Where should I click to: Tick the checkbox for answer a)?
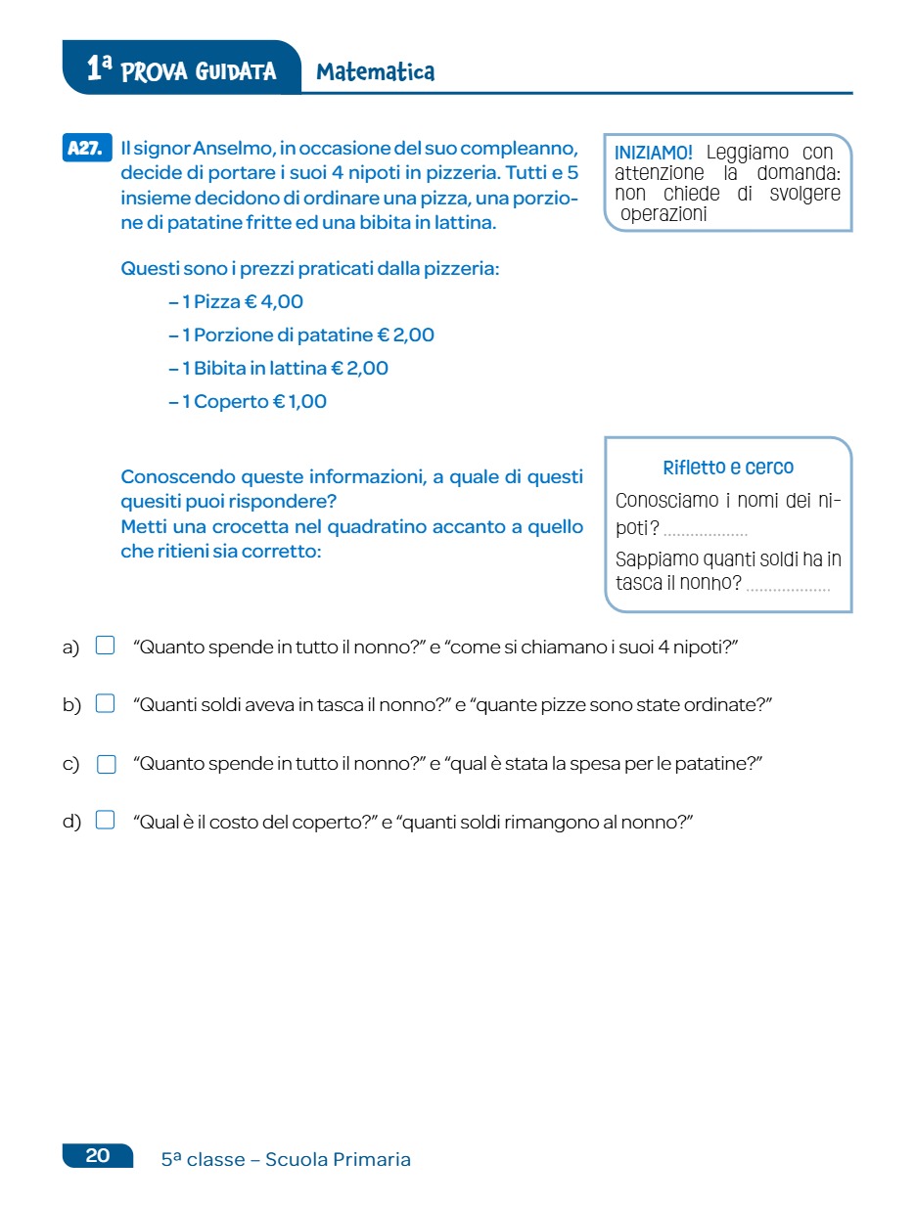tap(106, 646)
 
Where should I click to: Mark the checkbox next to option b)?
tap(106, 703)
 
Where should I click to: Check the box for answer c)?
tap(107, 764)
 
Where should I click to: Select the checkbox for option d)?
tap(106, 821)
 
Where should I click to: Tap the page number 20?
tap(98, 1156)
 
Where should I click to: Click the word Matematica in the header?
tap(375, 71)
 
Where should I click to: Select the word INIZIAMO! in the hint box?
tap(654, 153)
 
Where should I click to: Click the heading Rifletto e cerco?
tap(728, 468)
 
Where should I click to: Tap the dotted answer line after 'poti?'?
tap(705, 533)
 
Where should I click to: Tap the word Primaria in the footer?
tap(371, 1160)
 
